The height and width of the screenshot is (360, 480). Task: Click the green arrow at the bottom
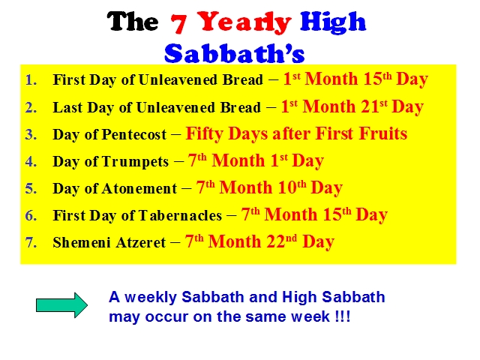click(x=61, y=305)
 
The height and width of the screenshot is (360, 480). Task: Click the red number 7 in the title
click(x=178, y=23)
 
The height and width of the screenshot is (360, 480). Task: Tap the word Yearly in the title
click(x=244, y=22)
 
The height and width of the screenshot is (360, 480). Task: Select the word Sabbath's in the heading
click(x=235, y=53)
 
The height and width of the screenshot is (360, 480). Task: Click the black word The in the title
click(x=133, y=21)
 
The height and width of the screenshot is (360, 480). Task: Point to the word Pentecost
click(x=134, y=134)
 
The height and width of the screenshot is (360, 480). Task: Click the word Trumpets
click(x=135, y=161)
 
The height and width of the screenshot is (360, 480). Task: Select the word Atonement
click(x=139, y=188)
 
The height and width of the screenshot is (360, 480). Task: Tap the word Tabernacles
click(x=180, y=215)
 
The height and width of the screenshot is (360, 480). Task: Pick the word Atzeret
click(x=140, y=242)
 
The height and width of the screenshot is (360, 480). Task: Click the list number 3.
click(x=31, y=134)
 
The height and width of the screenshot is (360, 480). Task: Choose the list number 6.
click(x=31, y=215)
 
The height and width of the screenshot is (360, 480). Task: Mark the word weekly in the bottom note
click(x=151, y=297)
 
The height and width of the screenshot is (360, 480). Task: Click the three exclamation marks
click(x=343, y=316)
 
